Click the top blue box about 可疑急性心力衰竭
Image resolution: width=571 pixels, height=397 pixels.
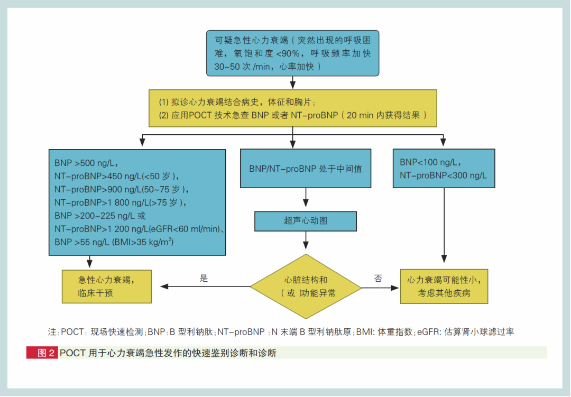click(293, 53)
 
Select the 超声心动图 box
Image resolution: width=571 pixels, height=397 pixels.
click(306, 221)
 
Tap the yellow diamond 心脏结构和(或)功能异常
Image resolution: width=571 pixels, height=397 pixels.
click(306, 287)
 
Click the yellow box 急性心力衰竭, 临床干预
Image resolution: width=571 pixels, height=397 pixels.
click(107, 286)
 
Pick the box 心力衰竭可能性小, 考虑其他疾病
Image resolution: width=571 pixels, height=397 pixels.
click(444, 286)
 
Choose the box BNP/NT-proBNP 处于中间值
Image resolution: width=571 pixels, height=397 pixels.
click(306, 169)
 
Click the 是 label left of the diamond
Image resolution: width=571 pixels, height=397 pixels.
click(204, 279)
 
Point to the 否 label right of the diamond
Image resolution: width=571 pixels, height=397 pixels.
click(377, 279)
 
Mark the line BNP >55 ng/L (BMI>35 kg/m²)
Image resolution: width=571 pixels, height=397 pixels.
click(114, 242)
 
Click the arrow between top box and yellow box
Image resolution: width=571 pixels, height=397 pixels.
click(293, 82)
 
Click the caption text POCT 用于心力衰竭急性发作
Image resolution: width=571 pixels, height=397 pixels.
click(168, 353)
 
